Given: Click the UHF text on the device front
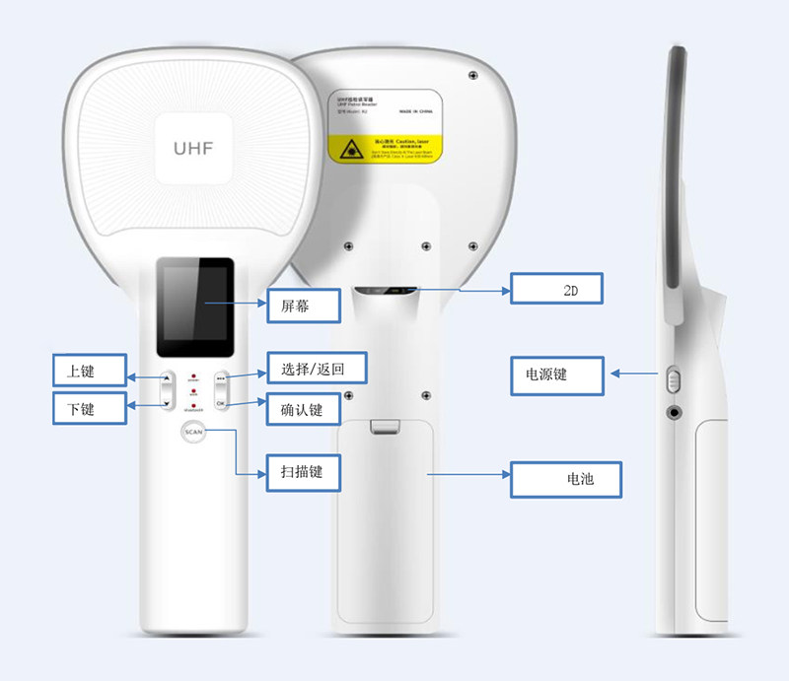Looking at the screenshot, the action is click(x=192, y=148).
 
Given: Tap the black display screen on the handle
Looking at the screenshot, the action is click(x=194, y=306).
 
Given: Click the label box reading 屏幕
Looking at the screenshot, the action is click(x=304, y=306).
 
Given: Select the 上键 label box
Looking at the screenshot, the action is click(x=90, y=371).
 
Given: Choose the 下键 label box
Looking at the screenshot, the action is click(x=90, y=407).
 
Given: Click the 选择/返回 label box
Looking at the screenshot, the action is click(x=312, y=369).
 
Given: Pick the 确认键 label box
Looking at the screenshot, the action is click(x=303, y=406).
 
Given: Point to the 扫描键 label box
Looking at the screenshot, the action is click(x=304, y=472).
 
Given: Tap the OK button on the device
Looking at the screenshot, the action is click(x=221, y=404).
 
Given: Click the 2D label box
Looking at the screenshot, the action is click(x=555, y=289).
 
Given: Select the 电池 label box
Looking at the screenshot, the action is click(x=566, y=480).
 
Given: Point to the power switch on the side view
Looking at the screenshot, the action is click(x=675, y=378).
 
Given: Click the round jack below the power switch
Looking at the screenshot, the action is click(x=676, y=412).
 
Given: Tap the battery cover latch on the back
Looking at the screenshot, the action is click(x=386, y=426).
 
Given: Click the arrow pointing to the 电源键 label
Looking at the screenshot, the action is click(x=635, y=374).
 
